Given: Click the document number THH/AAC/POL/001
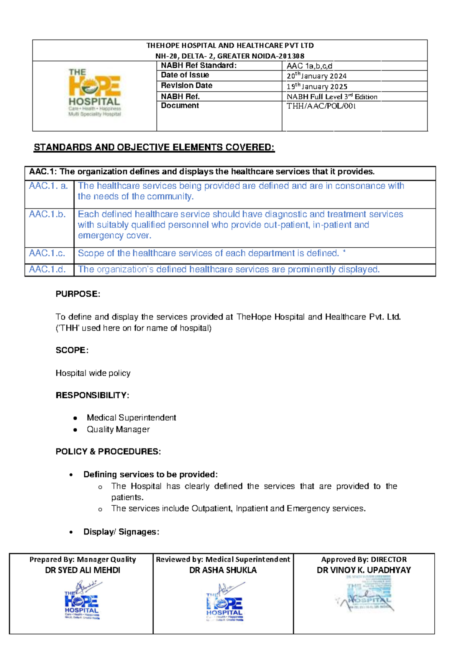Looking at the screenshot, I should coord(321,106).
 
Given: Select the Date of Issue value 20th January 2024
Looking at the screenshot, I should coord(317,76).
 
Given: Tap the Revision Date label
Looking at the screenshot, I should coord(186,85).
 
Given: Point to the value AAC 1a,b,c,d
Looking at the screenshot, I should coord(309,66).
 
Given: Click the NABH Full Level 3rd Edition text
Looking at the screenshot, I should coord(332,97).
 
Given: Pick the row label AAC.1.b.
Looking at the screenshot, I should coord(48,214).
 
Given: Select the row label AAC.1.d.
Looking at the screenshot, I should coord(48,270).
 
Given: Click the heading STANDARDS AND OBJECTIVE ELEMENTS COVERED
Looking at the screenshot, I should coord(154,148).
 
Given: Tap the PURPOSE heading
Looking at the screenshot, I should coord(78,294).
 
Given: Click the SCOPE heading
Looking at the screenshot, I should coord(72,350).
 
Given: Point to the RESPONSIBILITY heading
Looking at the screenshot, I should coord(92,395).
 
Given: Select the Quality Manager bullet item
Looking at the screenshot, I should coord(118,429).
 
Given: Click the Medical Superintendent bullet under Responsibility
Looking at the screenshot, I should coord(131,418).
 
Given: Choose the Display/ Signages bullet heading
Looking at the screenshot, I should coord(121,532).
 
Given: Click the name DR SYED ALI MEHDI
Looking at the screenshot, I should coord(82,570).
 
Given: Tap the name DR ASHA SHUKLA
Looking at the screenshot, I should coord(223,570).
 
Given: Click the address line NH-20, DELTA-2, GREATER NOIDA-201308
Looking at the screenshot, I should coord(230,56).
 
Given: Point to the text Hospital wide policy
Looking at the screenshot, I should coord(93,373).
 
